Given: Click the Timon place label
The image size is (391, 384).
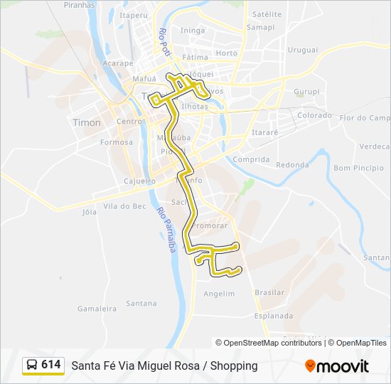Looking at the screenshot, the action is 87,122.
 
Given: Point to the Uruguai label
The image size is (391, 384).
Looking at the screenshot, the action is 303,50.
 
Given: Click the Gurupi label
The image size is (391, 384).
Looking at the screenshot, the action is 307,92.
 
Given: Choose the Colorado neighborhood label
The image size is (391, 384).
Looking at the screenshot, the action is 314,115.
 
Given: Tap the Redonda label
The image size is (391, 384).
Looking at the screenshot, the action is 292,165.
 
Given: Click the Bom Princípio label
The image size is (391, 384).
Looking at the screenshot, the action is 353,169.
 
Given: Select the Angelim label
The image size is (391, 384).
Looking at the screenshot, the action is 219,294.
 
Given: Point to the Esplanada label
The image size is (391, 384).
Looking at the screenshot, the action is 274,316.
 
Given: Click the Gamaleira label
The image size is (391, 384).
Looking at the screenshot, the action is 97,309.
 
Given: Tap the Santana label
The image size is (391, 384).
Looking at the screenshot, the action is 141,304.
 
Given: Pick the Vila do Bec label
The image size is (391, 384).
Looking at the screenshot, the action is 124,206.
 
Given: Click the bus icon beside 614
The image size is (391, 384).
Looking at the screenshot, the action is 32,365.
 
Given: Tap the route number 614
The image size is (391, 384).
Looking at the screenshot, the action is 51,365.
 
